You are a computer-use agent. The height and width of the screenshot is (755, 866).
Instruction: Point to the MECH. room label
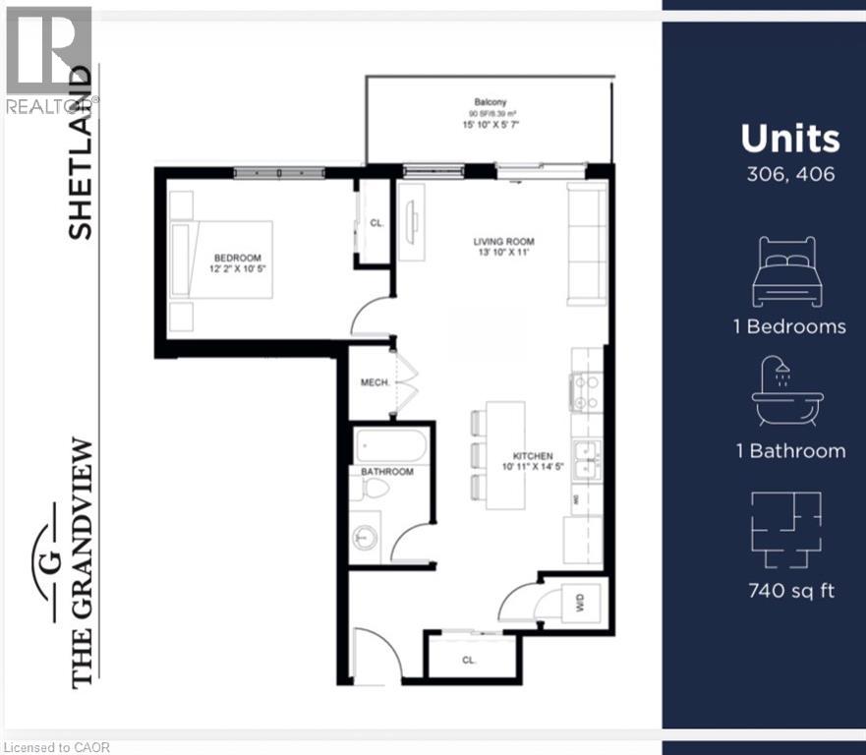(372, 381)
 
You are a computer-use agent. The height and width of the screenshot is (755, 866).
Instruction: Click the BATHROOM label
(386, 472)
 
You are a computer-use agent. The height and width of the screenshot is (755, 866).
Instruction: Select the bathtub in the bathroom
(391, 447)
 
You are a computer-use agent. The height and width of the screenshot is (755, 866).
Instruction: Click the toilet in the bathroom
(375, 489)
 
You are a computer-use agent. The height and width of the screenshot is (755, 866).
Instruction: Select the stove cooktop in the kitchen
(587, 391)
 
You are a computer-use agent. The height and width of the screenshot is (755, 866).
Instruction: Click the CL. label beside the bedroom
(375, 223)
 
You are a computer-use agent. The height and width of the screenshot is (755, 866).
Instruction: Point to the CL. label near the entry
(468, 661)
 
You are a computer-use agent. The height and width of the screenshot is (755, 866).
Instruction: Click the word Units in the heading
(790, 139)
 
